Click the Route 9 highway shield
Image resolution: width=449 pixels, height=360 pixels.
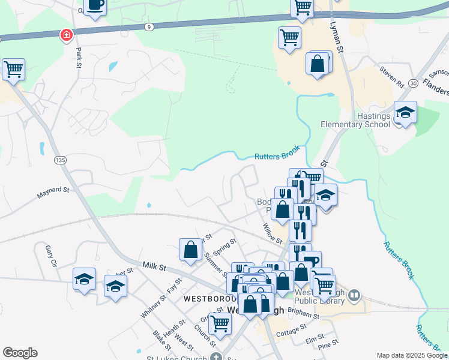click(148, 26)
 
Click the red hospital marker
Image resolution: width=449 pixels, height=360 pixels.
click(65, 36)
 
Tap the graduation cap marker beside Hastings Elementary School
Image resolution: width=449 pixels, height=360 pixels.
click(405, 113)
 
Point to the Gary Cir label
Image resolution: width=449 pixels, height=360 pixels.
click(50, 256)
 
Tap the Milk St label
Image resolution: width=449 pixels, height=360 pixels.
click(154, 266)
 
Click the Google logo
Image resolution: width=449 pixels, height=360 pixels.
click(20, 353)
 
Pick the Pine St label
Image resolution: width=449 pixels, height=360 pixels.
click(328, 346)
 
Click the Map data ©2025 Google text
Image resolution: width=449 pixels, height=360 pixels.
click(412, 355)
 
